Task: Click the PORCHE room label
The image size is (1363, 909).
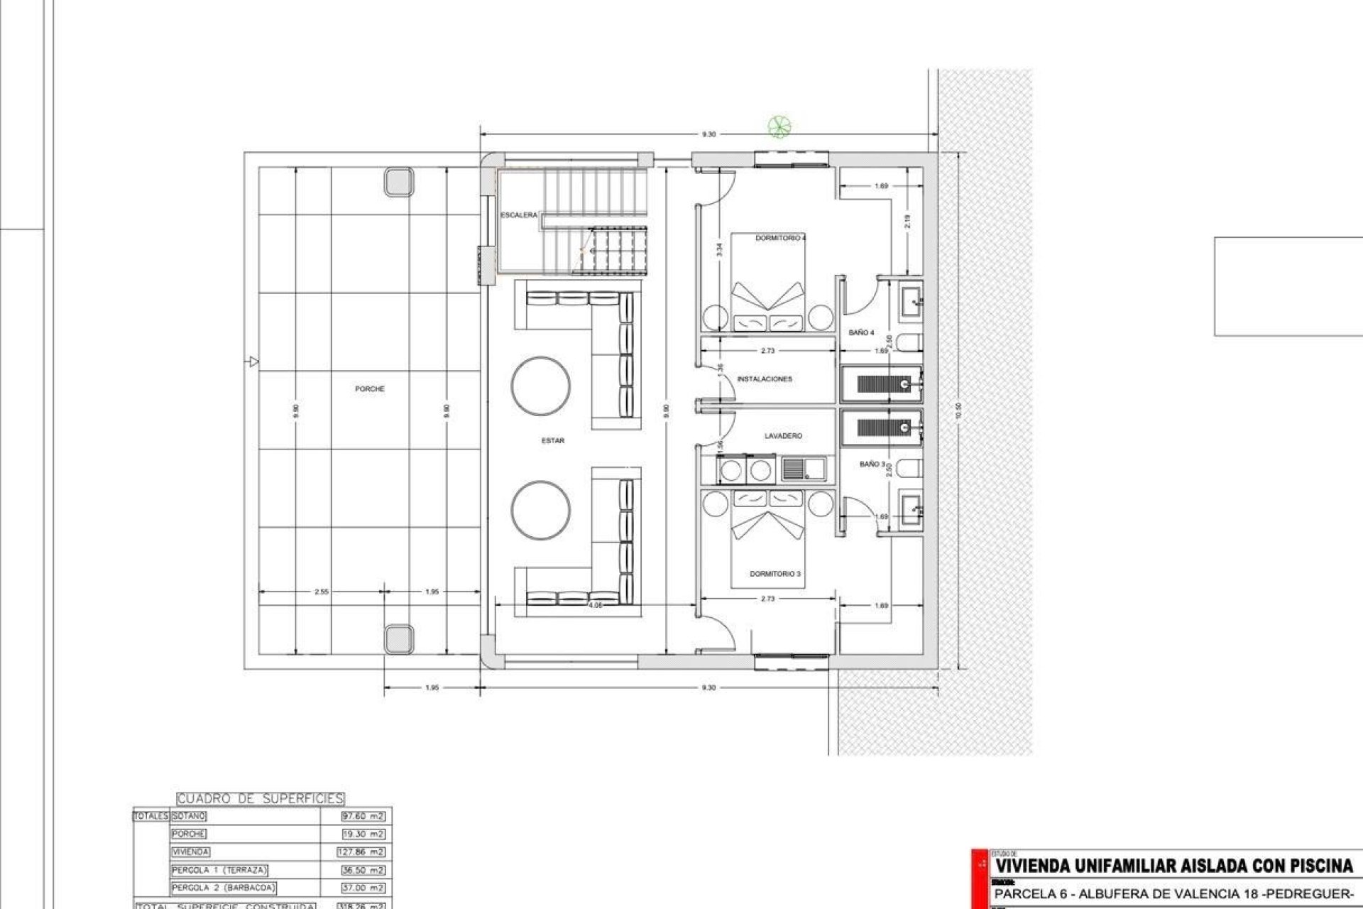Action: (x=369, y=389)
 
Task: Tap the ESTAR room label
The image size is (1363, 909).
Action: (x=552, y=441)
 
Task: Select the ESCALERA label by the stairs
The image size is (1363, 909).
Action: (x=519, y=215)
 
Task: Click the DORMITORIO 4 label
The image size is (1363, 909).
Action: (x=780, y=239)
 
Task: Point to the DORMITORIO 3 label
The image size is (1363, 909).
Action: (x=775, y=574)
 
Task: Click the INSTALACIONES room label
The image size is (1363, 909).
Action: (x=765, y=379)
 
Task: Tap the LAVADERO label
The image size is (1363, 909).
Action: (x=783, y=436)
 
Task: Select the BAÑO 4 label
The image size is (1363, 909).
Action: (x=861, y=333)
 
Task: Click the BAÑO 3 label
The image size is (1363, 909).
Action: (x=872, y=464)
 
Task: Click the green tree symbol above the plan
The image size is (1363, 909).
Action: (x=779, y=127)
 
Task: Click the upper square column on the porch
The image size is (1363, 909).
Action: (x=398, y=182)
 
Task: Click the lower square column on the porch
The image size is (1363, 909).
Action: (x=398, y=638)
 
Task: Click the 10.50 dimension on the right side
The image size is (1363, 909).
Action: (x=958, y=410)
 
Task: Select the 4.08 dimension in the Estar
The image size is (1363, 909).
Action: (x=595, y=605)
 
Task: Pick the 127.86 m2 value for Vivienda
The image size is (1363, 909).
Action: (x=361, y=852)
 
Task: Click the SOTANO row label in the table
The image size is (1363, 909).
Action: (x=188, y=817)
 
